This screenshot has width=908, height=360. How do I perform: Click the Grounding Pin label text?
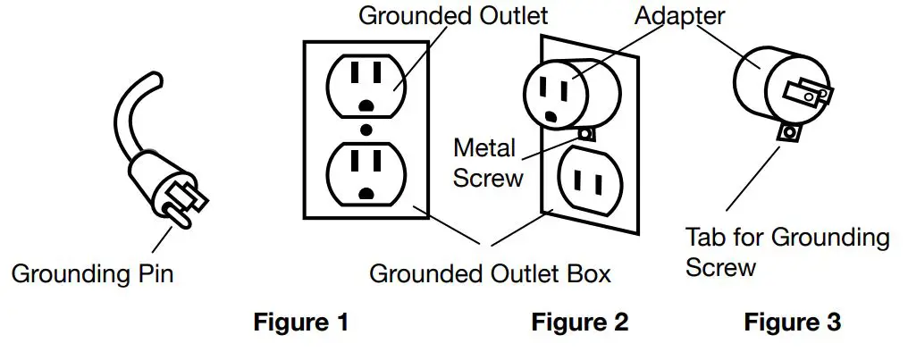point(93,273)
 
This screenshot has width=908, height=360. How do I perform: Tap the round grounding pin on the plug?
point(176,215)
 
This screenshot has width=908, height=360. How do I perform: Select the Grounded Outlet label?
point(453,15)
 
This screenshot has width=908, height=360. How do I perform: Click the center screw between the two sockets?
point(366,129)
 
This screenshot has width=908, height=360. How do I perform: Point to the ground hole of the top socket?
point(366,105)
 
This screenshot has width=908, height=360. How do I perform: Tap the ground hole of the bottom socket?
point(366,194)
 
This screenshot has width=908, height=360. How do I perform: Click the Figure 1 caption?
point(301,322)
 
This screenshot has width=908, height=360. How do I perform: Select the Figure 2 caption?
point(580,322)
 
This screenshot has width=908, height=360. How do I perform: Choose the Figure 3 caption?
point(792,322)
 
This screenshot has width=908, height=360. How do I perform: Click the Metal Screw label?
point(488,163)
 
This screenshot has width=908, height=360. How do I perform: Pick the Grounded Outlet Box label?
point(490,273)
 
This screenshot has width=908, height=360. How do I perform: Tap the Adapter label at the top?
point(679,15)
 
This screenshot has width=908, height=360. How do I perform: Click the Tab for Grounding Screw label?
point(787,252)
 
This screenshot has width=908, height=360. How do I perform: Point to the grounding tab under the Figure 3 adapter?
point(788,133)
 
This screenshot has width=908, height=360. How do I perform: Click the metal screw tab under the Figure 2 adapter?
point(586,134)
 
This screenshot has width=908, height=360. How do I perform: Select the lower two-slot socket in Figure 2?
point(590,181)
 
